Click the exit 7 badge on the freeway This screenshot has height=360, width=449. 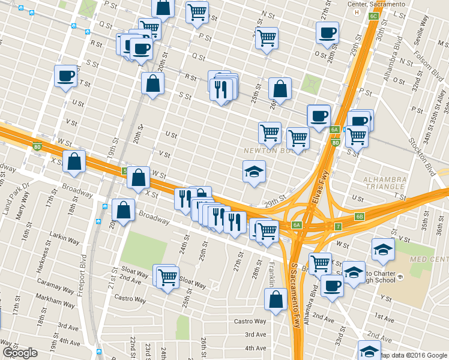[339, 226]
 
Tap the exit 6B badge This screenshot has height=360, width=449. [360, 217]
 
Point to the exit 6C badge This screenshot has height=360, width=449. [373, 16]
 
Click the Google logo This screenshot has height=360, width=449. [20, 353]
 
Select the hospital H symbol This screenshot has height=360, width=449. [358, 12]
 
